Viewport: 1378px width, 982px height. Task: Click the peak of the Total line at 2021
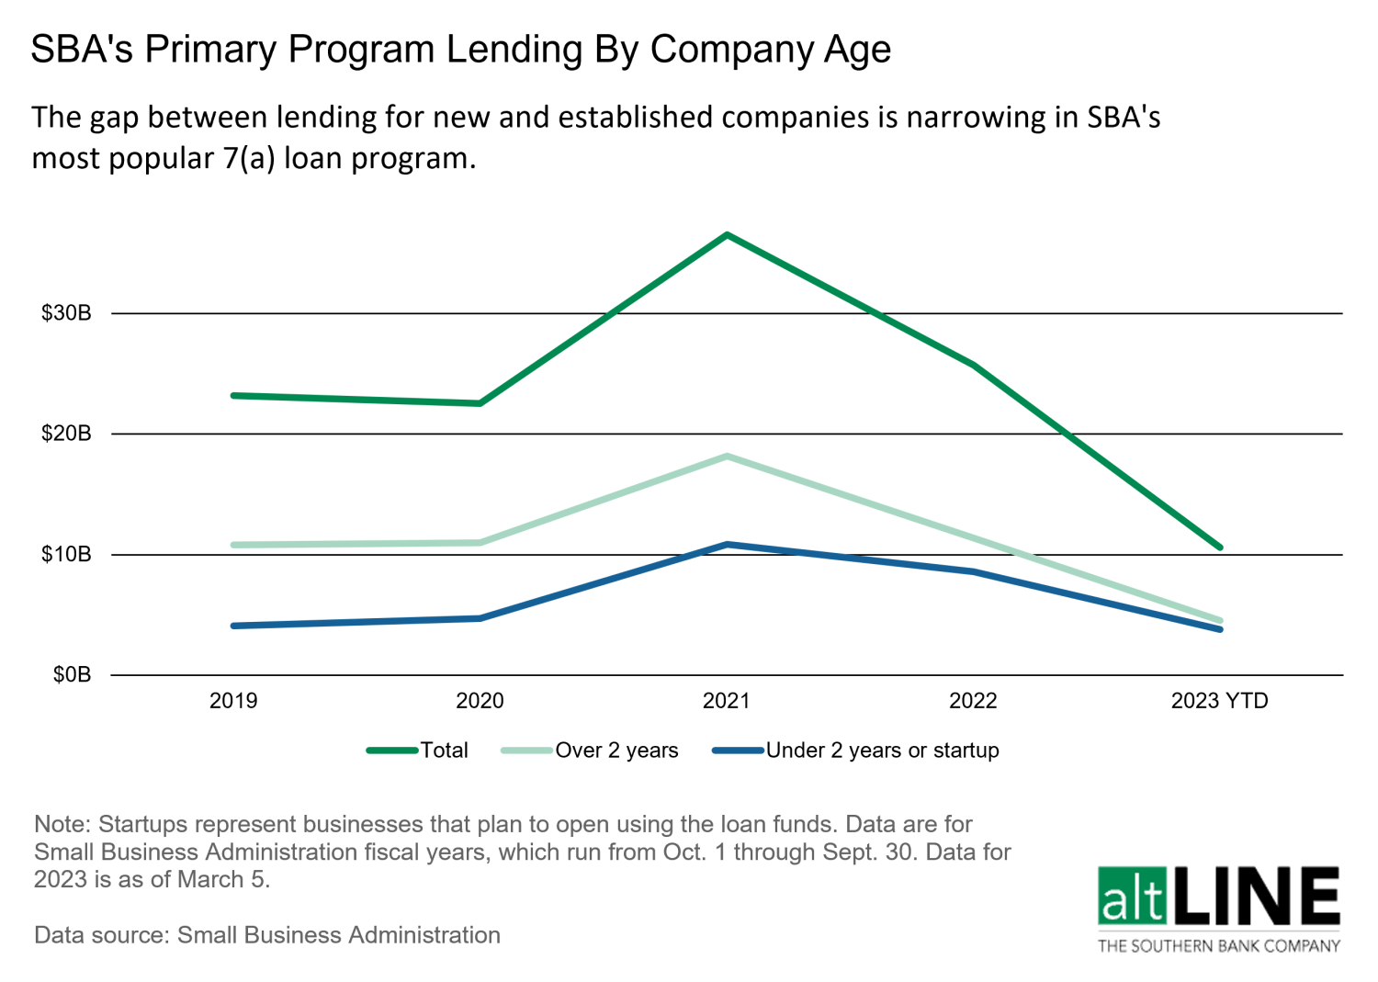point(727,235)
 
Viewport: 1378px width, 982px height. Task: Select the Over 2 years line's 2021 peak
point(727,456)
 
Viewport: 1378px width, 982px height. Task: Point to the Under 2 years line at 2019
point(234,626)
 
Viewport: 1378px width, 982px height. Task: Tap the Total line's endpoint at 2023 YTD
point(1220,547)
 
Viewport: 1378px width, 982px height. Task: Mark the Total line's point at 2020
point(480,403)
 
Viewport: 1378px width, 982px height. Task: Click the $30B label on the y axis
point(66,313)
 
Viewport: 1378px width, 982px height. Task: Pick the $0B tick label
point(72,675)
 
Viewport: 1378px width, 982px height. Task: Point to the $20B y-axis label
point(66,434)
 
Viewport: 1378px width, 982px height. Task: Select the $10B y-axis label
point(66,555)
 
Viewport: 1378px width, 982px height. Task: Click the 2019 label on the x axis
point(233,701)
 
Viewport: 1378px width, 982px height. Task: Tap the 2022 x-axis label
point(973,701)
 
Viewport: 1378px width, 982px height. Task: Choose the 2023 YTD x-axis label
point(1219,701)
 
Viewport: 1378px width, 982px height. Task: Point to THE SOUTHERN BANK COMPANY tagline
point(1219,946)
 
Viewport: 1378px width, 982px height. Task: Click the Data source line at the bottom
point(266,935)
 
